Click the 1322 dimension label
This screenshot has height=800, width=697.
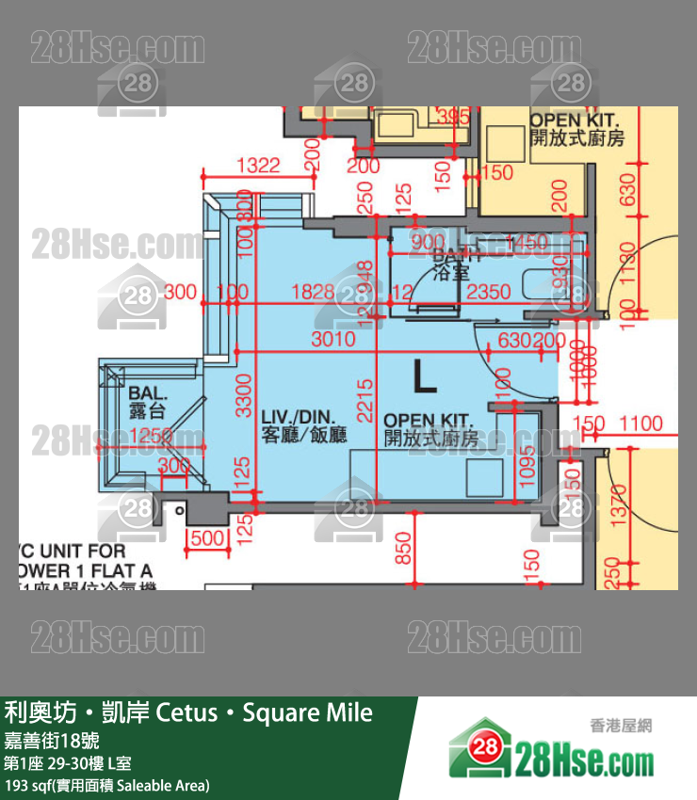tap(258, 166)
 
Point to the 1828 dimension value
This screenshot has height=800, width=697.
tap(314, 292)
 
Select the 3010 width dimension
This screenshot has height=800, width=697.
tap(332, 339)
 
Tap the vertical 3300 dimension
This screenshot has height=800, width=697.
tap(243, 396)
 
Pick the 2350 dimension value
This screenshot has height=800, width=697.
tap(489, 292)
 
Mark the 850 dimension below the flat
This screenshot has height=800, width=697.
tap(403, 547)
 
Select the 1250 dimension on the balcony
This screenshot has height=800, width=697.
tap(154, 436)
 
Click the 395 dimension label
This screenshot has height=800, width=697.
tap(453, 118)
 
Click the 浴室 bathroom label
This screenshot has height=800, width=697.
tap(450, 274)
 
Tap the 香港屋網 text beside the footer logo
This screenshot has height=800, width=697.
tap(620, 726)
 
